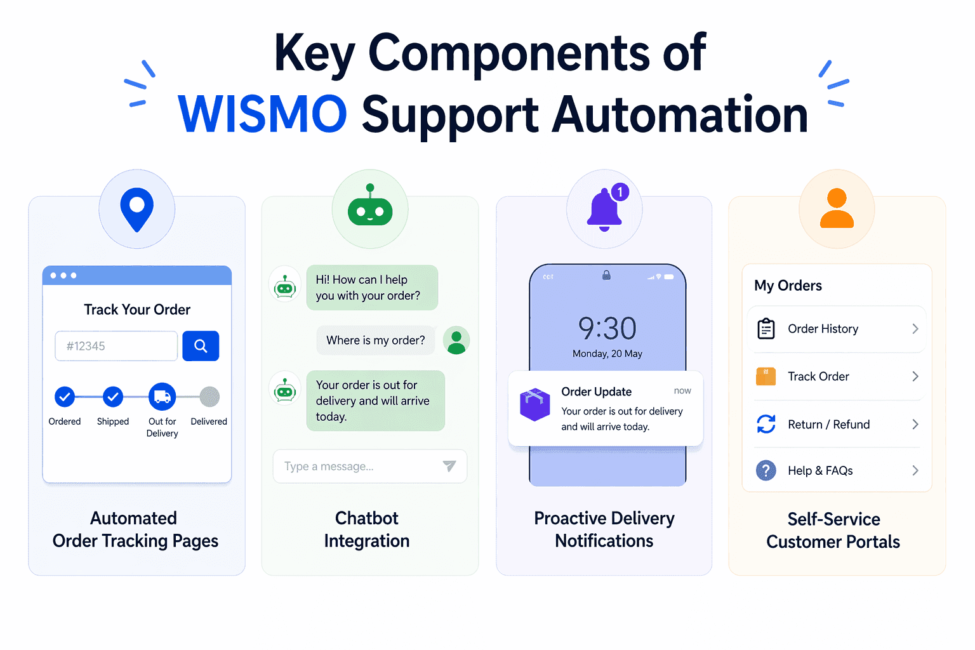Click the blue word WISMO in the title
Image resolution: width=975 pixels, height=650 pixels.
click(262, 114)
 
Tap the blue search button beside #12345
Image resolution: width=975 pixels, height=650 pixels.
click(201, 346)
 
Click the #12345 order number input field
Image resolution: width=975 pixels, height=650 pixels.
click(116, 346)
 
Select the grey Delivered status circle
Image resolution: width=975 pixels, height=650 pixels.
click(209, 397)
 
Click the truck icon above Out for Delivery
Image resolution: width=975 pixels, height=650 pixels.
click(162, 397)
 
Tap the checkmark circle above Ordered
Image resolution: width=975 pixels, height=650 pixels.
click(64, 397)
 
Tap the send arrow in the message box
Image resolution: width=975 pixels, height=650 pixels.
click(449, 466)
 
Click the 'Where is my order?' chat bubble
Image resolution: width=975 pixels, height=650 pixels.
click(375, 340)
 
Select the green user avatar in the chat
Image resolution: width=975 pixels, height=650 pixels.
click(456, 340)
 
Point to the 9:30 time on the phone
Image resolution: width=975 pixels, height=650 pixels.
click(607, 328)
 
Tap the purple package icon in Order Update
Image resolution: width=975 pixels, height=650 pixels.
click(535, 404)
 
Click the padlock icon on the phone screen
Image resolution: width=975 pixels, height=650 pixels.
click(606, 275)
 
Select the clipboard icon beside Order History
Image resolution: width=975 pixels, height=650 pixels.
click(766, 329)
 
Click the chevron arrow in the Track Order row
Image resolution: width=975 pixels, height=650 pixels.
click(915, 376)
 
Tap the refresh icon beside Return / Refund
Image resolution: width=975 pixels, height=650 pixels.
click(766, 424)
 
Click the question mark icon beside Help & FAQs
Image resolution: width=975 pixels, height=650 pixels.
click(766, 470)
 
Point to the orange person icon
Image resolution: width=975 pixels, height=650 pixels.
click(837, 208)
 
